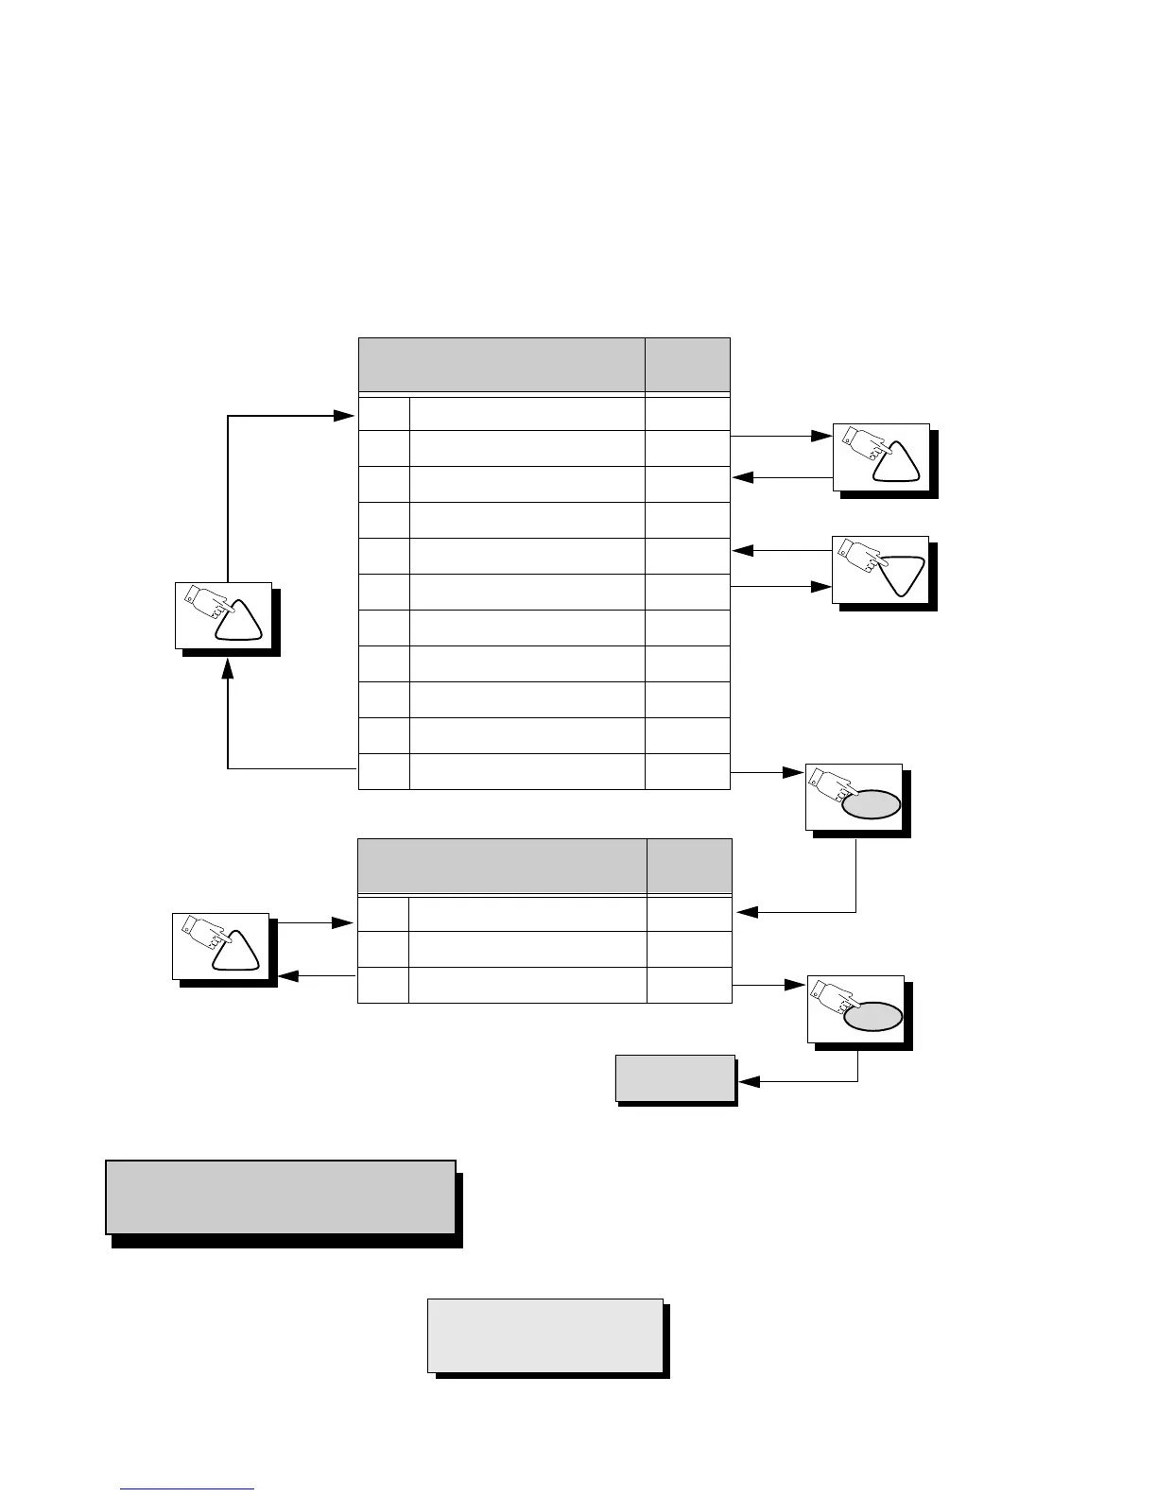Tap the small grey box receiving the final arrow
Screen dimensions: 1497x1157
tap(675, 1078)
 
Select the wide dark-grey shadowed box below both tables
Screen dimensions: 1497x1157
tap(281, 1197)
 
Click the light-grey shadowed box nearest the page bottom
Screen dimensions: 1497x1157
tap(545, 1335)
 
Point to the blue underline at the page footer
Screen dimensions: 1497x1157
tap(188, 1489)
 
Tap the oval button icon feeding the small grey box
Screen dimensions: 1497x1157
tap(858, 1008)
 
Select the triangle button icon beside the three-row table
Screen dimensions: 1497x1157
tap(223, 946)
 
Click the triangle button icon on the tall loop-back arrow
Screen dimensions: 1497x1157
tap(225, 615)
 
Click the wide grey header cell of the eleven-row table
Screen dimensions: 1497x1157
tap(501, 364)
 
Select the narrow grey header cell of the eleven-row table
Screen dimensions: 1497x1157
tap(687, 364)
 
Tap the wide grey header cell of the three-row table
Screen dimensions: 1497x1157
tap(501, 865)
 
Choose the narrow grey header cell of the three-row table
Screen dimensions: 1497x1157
tap(689, 865)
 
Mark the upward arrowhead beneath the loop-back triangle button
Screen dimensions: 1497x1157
tap(228, 667)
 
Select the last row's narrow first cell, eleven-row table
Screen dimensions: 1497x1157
tap(384, 771)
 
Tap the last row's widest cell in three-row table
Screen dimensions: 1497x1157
tap(527, 985)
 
